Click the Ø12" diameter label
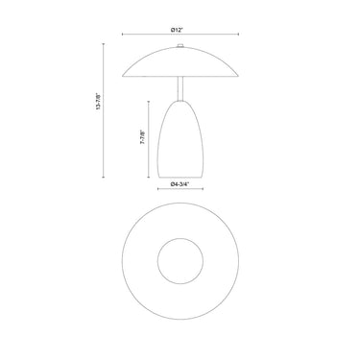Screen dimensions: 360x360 point(177,30)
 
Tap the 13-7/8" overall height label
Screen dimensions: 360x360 point(98,102)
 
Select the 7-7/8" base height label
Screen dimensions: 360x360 point(142,137)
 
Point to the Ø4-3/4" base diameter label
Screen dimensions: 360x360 point(180,184)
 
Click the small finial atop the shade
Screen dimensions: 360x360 point(180,46)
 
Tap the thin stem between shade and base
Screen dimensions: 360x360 point(180,89)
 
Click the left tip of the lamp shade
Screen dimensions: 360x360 point(123,77)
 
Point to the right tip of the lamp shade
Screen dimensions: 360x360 point(238,76)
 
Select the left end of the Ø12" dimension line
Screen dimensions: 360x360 point(123,35)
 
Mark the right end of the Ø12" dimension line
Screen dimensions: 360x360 point(238,35)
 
